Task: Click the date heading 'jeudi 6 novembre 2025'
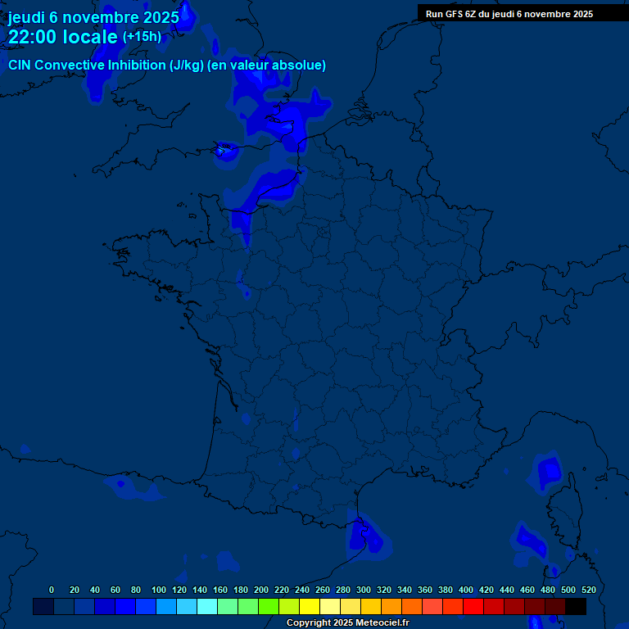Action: pos(93,17)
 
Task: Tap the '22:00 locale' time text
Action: pos(63,37)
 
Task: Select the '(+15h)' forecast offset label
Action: pos(142,36)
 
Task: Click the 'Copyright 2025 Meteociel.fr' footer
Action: pos(347,623)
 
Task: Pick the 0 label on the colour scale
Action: pos(52,590)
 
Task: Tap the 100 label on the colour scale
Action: pos(159,590)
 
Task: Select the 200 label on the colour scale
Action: pos(261,590)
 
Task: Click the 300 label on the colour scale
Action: pos(364,590)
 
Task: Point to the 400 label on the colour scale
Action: pos(466,590)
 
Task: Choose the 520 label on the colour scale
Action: pos(588,590)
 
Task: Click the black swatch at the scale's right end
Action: pos(576,607)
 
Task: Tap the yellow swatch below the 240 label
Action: pos(310,607)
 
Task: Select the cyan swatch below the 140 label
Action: pos(207,607)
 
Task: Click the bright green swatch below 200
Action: pos(269,607)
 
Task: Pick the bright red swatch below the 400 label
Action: pos(473,607)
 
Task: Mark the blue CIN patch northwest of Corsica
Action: pos(549,472)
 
